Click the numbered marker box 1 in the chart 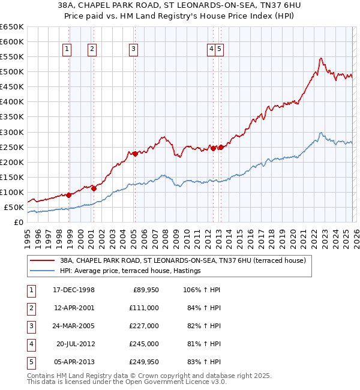[67, 50]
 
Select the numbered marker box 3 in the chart [133, 50]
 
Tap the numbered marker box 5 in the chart [220, 50]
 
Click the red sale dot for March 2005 [135, 154]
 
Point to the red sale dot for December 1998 [69, 194]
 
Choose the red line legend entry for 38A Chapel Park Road [183, 260]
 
